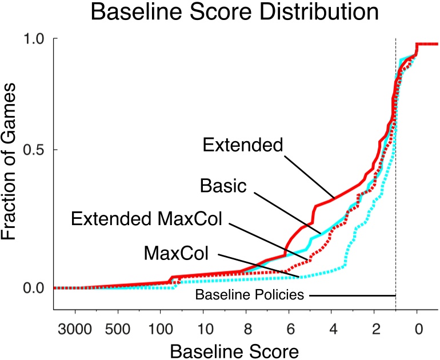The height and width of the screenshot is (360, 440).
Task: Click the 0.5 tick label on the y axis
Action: tap(35, 150)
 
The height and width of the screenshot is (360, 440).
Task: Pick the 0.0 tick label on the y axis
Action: tap(35, 288)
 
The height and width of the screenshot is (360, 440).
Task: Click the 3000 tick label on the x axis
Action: tap(75, 330)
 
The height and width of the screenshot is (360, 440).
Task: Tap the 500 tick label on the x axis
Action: tap(118, 330)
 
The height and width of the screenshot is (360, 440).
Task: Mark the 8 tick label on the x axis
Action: tap(246, 330)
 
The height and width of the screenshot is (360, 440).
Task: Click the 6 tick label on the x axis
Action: tap(289, 330)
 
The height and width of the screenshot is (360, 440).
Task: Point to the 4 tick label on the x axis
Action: tap(332, 330)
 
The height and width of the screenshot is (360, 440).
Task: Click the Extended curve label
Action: tap(243, 145)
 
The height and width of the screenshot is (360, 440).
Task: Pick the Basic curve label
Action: tap(223, 185)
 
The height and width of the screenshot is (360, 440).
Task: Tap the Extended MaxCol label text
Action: tap(146, 218)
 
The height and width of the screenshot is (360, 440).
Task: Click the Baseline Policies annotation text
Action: tap(248, 295)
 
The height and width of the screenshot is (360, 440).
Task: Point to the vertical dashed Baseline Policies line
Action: tap(396, 171)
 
